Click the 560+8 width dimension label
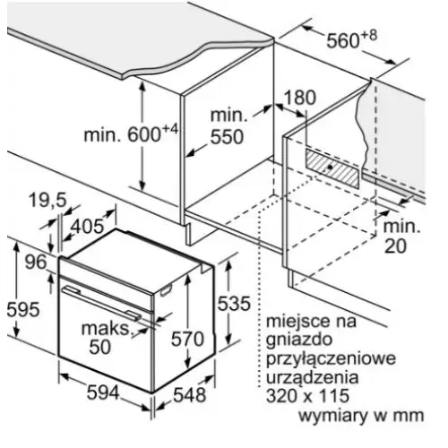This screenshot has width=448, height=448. (x=351, y=39)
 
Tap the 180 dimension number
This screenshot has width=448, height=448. (x=299, y=98)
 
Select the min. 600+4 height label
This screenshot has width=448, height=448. (x=131, y=134)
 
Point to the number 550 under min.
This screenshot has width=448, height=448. (x=227, y=137)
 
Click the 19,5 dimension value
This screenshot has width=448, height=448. (x=47, y=199)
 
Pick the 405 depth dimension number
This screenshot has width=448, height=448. (x=87, y=226)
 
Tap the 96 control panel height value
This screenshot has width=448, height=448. (x=36, y=262)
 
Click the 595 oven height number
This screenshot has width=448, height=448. (x=23, y=309)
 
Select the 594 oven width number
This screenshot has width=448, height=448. (x=103, y=392)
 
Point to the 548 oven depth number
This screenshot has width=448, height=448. (x=190, y=394)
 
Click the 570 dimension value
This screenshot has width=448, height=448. (x=187, y=339)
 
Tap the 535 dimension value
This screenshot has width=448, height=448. (x=234, y=304)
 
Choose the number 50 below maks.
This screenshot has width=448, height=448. (x=100, y=347)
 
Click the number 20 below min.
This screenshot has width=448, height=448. (x=395, y=246)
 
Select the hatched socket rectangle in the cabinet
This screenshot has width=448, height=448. (x=332, y=168)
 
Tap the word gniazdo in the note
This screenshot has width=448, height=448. (x=299, y=340)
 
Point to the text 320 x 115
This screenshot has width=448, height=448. (x=307, y=395)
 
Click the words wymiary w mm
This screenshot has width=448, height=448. (x=361, y=415)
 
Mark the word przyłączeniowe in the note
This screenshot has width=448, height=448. (x=331, y=359)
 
